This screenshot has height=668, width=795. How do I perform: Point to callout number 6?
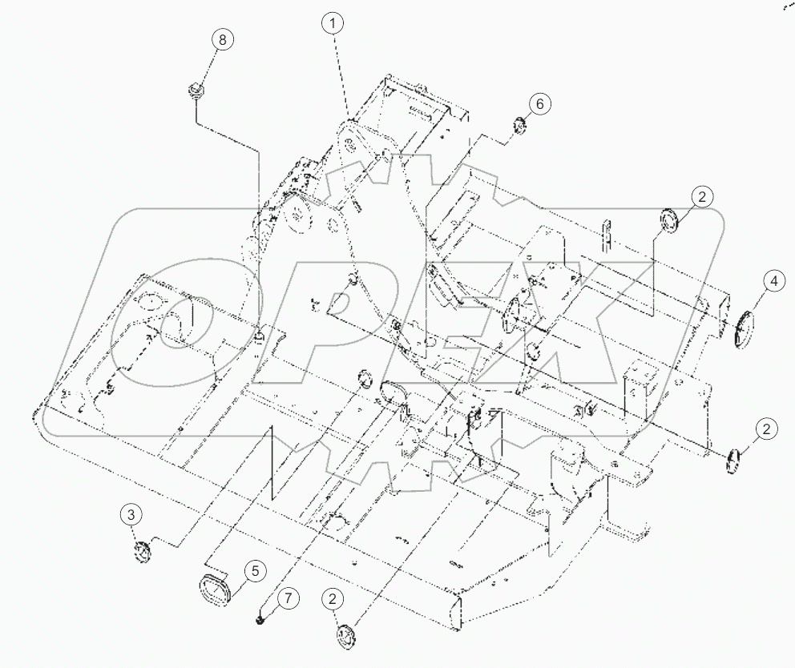[x=539, y=103]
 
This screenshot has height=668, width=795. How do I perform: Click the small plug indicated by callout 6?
[x=518, y=124]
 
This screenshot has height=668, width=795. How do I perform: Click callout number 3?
[x=133, y=515]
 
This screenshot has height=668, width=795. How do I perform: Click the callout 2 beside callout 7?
[x=333, y=598]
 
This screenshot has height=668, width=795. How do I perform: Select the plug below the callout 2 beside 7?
[x=346, y=638]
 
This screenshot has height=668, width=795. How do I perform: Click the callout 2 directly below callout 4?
[x=767, y=429]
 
